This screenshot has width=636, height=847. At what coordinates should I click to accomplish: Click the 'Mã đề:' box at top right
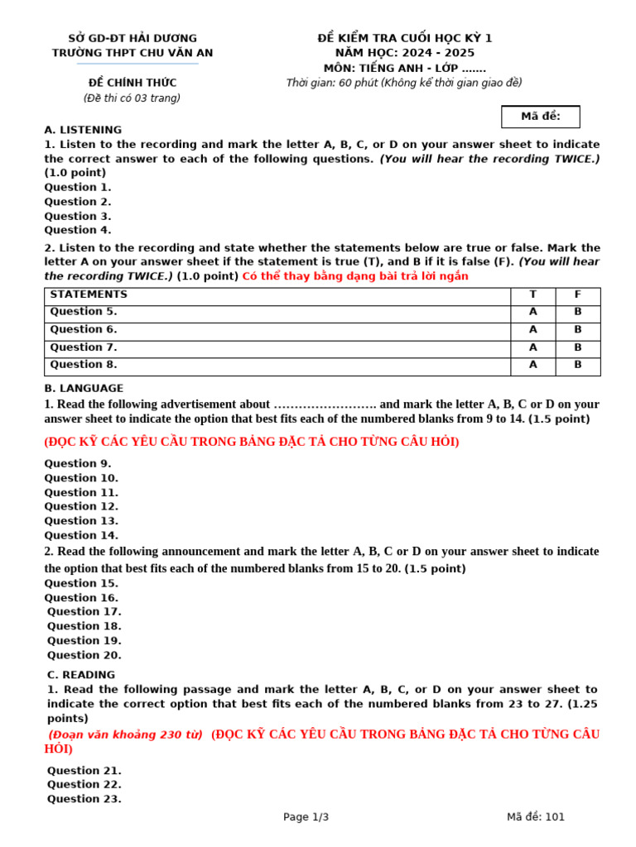540,117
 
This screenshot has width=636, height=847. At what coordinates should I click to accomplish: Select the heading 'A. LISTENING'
83,130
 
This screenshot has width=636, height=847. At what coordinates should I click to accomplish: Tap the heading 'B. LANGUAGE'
84,388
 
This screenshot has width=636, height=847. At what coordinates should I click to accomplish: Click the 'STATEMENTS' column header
89,294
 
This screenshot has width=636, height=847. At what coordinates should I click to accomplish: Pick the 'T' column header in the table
532,294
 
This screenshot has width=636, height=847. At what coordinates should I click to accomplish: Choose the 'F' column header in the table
577,294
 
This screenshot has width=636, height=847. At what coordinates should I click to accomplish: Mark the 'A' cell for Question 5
532,312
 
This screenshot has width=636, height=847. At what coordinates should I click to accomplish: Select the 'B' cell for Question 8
577,365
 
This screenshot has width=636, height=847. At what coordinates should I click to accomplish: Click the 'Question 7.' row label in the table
84,347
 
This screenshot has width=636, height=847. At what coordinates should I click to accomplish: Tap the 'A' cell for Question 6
532,329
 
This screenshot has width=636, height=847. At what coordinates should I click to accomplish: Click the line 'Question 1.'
77,187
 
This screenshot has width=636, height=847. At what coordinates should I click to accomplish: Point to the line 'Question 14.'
81,535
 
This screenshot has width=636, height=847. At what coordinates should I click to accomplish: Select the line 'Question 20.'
84,655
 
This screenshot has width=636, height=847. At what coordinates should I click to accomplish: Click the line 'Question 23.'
84,799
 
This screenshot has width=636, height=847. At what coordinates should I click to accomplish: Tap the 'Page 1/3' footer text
306,817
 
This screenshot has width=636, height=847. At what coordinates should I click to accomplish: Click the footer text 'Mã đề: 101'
536,817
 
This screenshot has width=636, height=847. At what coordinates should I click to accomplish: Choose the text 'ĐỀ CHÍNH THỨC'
132,83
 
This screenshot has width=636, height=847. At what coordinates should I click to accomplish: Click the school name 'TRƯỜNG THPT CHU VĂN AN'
132,53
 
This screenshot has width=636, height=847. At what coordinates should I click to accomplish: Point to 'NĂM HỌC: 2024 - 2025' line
405,53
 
